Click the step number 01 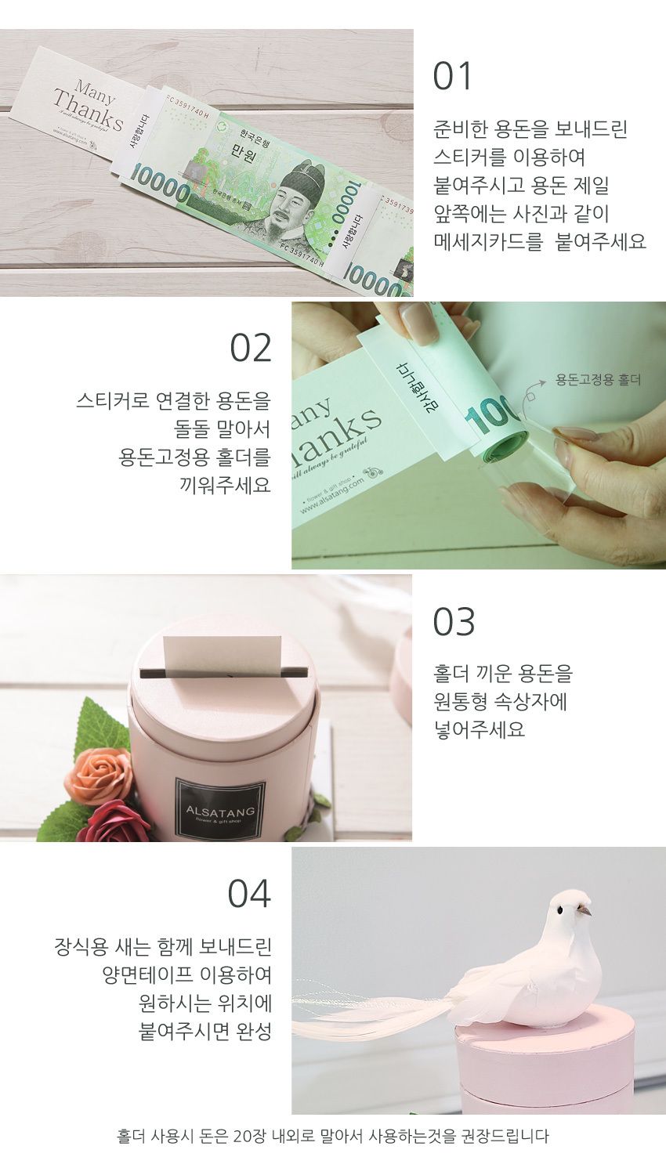454,77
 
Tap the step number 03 454,621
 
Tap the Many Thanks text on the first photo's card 89,109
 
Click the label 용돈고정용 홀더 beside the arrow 599,380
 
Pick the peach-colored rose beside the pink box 99,775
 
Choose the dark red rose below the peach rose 112,822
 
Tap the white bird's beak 585,914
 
